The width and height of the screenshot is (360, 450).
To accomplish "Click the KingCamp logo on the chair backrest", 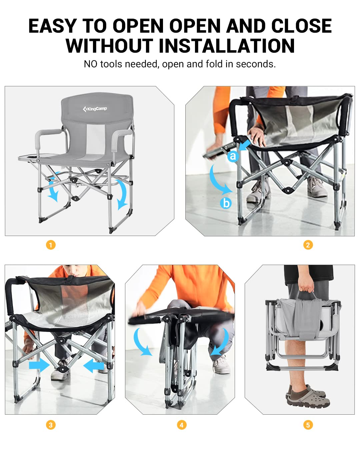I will point(95,109).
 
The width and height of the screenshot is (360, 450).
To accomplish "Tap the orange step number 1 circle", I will point(51,245).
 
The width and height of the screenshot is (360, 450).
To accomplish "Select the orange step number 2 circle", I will point(308,245).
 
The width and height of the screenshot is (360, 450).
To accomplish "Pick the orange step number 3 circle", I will point(51,425).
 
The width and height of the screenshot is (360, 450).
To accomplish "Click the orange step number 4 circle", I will point(182,425).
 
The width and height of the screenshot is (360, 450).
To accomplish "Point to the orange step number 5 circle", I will point(308,425).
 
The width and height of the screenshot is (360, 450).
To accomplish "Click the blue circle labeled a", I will point(233,156).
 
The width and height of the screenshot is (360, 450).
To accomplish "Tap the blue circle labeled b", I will point(226,203).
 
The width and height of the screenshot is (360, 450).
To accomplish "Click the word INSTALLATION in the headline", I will point(227,46).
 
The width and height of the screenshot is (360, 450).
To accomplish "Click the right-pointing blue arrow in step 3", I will point(39,366).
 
